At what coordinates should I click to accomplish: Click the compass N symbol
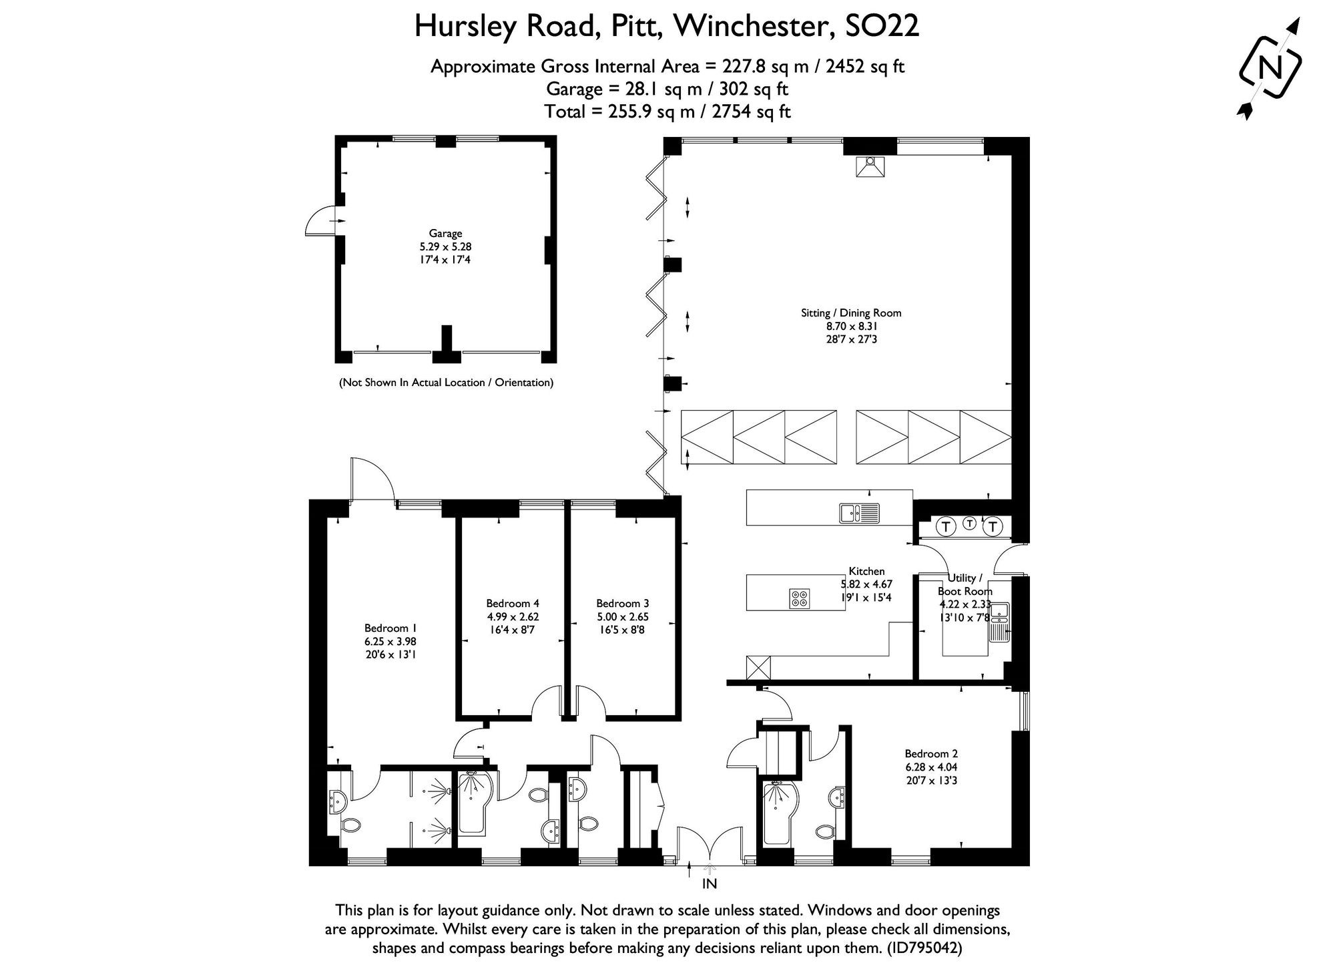click(x=1270, y=67)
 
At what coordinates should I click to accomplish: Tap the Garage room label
click(x=445, y=234)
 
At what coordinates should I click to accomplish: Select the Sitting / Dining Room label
click(x=851, y=313)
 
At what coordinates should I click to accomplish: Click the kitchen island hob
click(x=800, y=598)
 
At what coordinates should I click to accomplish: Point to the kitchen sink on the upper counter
click(x=860, y=513)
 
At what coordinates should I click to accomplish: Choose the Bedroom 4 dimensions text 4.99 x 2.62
click(x=513, y=616)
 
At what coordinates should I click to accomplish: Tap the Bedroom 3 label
click(x=622, y=603)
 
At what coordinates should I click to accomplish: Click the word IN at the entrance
click(x=710, y=884)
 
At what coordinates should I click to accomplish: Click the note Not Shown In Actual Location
click(x=446, y=383)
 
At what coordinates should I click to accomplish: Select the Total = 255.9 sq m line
click(x=667, y=111)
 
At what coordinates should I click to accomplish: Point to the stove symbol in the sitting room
click(x=870, y=167)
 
